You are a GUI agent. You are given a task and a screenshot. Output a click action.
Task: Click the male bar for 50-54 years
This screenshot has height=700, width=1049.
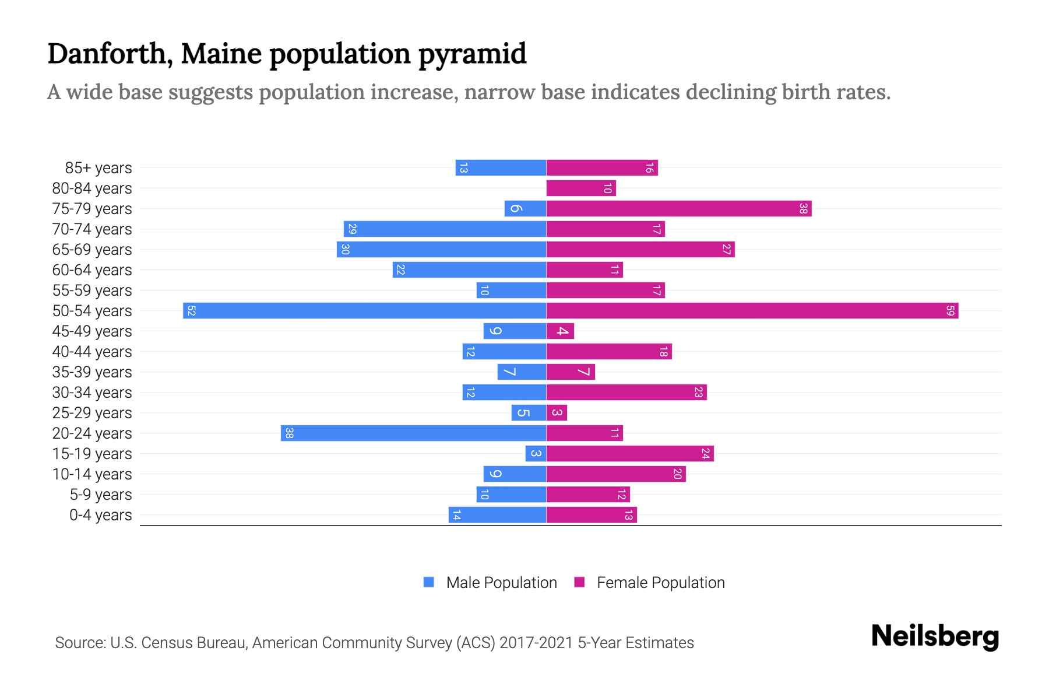364,311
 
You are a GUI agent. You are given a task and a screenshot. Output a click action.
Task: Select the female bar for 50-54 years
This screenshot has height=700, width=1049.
752,311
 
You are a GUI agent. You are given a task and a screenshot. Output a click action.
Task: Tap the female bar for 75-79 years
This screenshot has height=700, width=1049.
679,209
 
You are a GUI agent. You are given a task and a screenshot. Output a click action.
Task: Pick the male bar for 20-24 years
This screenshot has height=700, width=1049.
413,433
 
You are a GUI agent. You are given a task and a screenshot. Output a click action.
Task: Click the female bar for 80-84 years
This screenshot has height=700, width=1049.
581,188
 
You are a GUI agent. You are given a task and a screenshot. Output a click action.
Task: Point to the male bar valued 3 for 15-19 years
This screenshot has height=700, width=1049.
536,454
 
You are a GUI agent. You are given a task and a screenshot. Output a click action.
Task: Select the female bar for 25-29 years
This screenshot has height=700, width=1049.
557,413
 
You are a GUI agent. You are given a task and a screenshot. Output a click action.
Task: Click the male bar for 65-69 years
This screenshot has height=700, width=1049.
441,250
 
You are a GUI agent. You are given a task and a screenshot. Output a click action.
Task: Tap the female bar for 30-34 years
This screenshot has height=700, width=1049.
626,393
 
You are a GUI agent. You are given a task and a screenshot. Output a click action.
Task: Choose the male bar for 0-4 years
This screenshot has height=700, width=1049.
497,515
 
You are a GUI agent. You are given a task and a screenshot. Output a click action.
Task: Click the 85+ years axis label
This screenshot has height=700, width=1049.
98,168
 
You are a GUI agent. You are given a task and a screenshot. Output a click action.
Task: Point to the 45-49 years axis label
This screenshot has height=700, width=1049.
92,331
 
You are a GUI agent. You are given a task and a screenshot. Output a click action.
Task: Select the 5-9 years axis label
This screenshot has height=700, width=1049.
101,495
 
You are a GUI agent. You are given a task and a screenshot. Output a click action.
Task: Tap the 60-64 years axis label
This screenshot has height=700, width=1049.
92,270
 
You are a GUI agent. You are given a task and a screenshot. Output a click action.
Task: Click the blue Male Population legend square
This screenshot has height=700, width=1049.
429,582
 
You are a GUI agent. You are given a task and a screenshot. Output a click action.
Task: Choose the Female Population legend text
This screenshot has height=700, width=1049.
660,583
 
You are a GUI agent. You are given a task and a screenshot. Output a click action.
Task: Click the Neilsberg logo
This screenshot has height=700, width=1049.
935,636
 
